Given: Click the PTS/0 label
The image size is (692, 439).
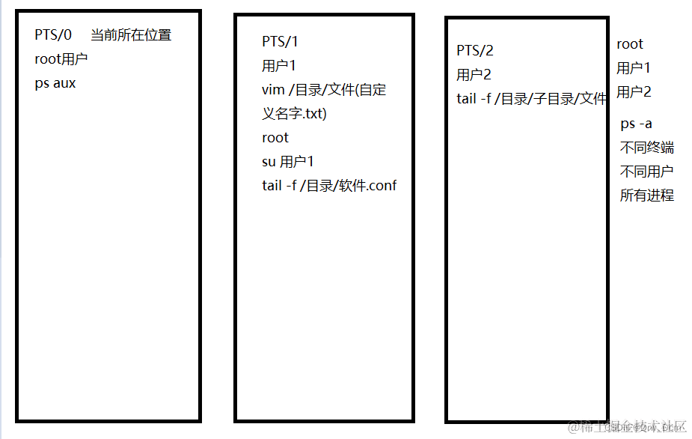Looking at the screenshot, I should pos(53,35).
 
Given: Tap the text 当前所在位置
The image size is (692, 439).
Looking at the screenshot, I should pos(131,35).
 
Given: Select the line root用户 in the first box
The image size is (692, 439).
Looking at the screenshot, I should pos(61,59).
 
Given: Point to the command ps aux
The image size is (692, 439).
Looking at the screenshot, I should pos(55,83).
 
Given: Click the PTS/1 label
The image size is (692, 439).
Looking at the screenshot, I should pos(280,42).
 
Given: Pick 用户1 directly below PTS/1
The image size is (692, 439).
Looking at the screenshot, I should pos(279,66).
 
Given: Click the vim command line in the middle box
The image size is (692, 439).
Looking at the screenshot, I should pos(324,90).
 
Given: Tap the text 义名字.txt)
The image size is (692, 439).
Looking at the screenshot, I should pos(294,114).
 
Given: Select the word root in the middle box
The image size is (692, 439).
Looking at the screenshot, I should pos(275,138).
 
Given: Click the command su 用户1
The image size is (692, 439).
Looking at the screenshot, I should pos(288,162).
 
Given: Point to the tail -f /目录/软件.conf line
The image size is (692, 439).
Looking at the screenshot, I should pos(329,186).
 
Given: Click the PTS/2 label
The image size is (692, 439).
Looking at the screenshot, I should pos(475,51).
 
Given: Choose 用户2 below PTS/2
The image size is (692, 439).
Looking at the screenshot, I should pos(474,75).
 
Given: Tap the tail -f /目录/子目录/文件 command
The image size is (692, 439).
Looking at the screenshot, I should pos(532,99).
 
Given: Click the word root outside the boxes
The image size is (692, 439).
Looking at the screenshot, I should pos(630,44).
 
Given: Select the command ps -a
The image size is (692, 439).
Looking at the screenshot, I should pos(636,124).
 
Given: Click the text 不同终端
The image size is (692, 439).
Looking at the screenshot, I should pos(646,148).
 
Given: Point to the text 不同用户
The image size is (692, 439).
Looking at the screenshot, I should pos(646,172).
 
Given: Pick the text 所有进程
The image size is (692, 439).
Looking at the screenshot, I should pos(646,196).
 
